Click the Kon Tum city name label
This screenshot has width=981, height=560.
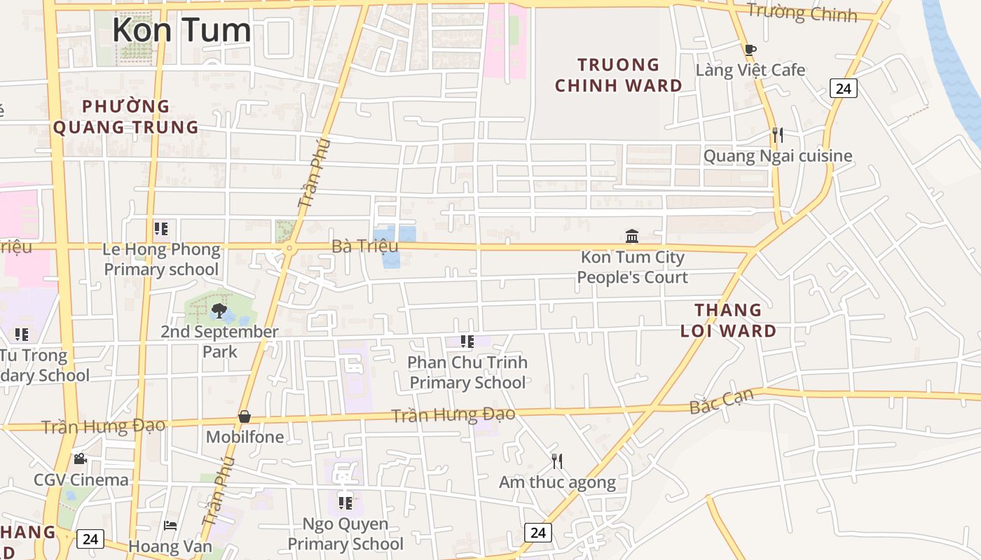(181, 30)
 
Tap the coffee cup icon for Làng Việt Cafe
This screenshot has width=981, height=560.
(750, 50)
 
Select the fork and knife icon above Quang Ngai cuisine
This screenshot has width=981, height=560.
(777, 134)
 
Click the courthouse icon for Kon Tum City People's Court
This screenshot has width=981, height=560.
(632, 236)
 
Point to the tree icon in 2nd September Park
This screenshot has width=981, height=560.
(219, 310)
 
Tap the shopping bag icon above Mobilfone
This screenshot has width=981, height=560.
(245, 416)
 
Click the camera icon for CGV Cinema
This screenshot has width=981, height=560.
(81, 458)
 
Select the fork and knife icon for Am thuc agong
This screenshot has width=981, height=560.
(557, 461)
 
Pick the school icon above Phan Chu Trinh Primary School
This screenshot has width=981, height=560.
(467, 342)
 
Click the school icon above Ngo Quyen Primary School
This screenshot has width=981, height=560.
(345, 503)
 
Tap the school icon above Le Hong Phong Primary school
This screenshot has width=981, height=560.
(161, 228)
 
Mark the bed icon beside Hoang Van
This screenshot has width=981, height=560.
(170, 526)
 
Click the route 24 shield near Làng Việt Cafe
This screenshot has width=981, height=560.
(844, 88)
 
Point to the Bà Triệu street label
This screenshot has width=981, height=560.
(364, 246)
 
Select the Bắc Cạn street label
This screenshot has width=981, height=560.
(722, 400)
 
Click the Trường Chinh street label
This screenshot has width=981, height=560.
(802, 12)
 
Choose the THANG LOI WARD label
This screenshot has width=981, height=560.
(728, 321)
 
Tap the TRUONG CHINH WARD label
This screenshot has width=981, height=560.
(618, 76)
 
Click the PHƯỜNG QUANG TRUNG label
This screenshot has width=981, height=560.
(126, 117)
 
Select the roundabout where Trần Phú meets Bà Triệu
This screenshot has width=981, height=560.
(288, 248)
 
